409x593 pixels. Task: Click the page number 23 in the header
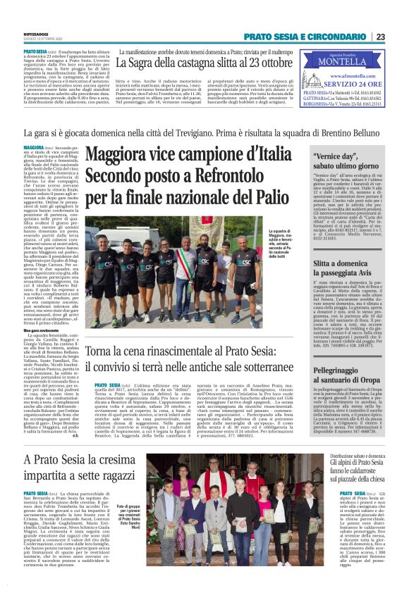tap(399, 37)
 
